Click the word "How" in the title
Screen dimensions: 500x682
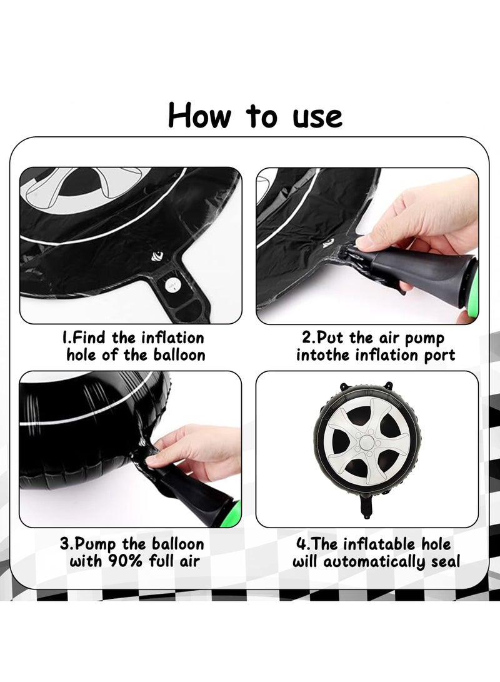point(199,116)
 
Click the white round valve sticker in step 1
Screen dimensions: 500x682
point(172,285)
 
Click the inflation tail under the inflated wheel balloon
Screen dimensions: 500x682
point(368,507)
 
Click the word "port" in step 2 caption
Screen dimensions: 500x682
point(439,356)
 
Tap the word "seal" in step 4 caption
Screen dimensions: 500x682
point(446,561)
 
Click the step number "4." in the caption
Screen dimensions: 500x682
point(304,544)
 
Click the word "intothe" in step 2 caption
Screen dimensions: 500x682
point(324,355)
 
